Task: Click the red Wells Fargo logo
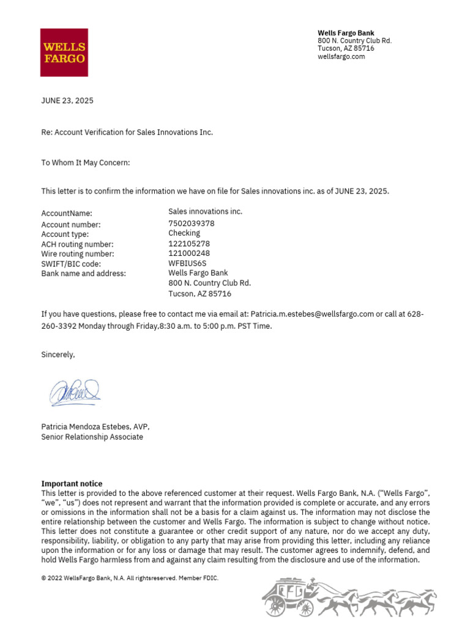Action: (x=64, y=53)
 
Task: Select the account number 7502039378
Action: (x=192, y=223)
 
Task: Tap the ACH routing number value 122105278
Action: (x=190, y=243)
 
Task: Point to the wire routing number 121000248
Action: (x=190, y=253)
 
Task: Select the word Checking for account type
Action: (x=184, y=233)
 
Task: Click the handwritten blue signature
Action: (x=75, y=392)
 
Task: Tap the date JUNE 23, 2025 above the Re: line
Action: (x=67, y=101)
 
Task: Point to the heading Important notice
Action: (x=72, y=484)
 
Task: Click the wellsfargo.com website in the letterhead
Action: (x=341, y=56)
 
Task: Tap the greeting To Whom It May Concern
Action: (x=86, y=163)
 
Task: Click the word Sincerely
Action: (x=58, y=355)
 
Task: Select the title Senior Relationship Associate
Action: (x=92, y=437)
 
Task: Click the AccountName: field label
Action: (x=67, y=214)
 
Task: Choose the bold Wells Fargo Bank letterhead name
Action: (x=346, y=33)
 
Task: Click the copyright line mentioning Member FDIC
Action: (x=130, y=578)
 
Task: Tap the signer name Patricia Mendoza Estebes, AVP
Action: (x=95, y=427)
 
